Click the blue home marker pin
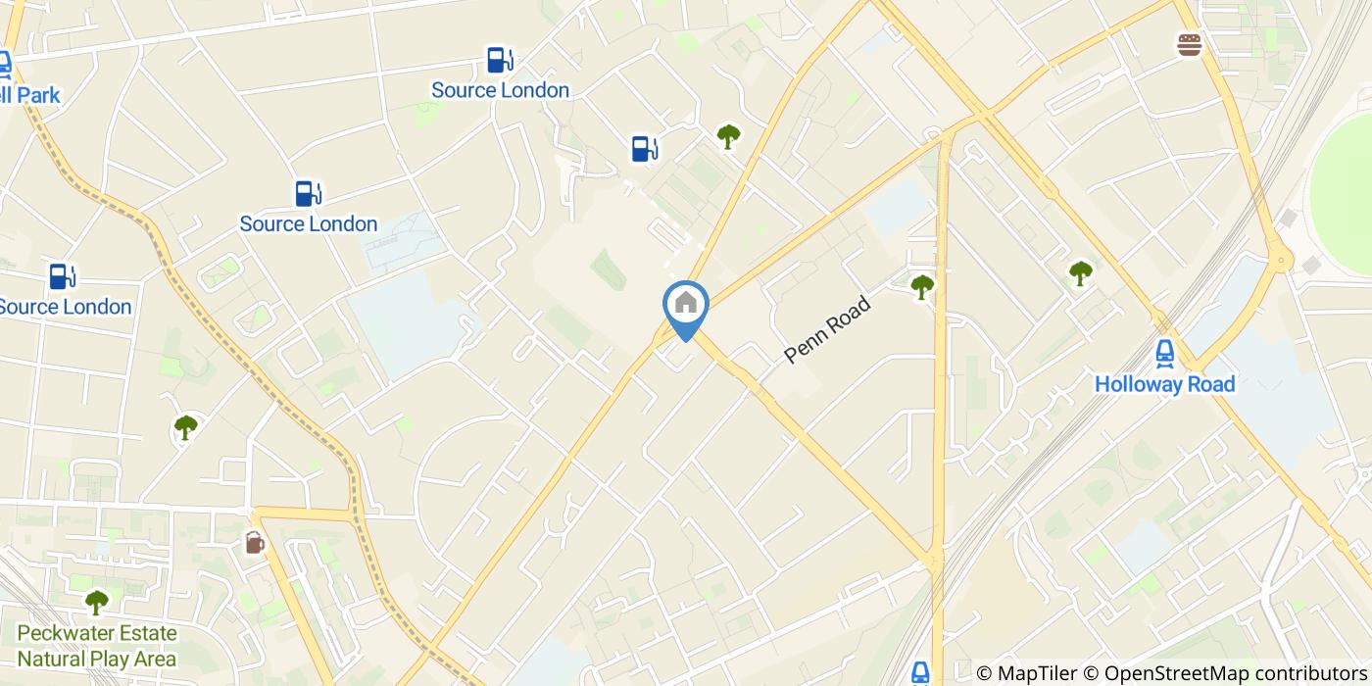(686, 305)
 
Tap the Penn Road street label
(827, 330)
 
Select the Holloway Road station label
(1164, 384)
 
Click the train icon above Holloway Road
(1164, 352)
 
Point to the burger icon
(1190, 44)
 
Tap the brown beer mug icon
(255, 542)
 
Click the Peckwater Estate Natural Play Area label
(97, 646)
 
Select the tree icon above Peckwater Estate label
(96, 601)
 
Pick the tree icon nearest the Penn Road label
(922, 286)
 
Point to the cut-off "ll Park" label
(29, 95)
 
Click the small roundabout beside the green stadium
(1280, 261)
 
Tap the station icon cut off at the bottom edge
(920, 672)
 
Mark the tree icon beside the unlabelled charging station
(727, 135)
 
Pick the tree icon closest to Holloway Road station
(1080, 272)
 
